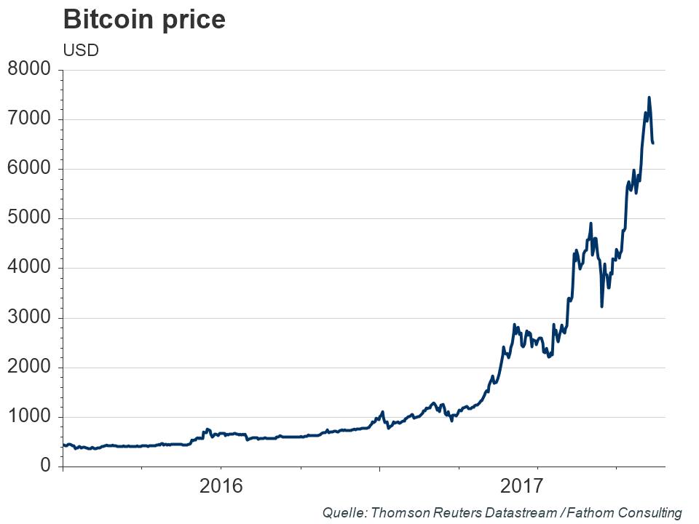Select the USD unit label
[x=81, y=50]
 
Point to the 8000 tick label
[x=28, y=70]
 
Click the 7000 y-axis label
[x=28, y=119]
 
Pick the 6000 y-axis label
[x=28, y=169]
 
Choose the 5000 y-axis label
[x=28, y=218]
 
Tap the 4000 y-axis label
[x=28, y=268]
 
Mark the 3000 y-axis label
[x=28, y=318]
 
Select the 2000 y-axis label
[x=28, y=368]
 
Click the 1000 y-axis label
[x=28, y=417]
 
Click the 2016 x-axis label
[x=221, y=486]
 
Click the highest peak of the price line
[x=649, y=98]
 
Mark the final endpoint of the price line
[x=652, y=143]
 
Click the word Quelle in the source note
[x=345, y=513]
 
